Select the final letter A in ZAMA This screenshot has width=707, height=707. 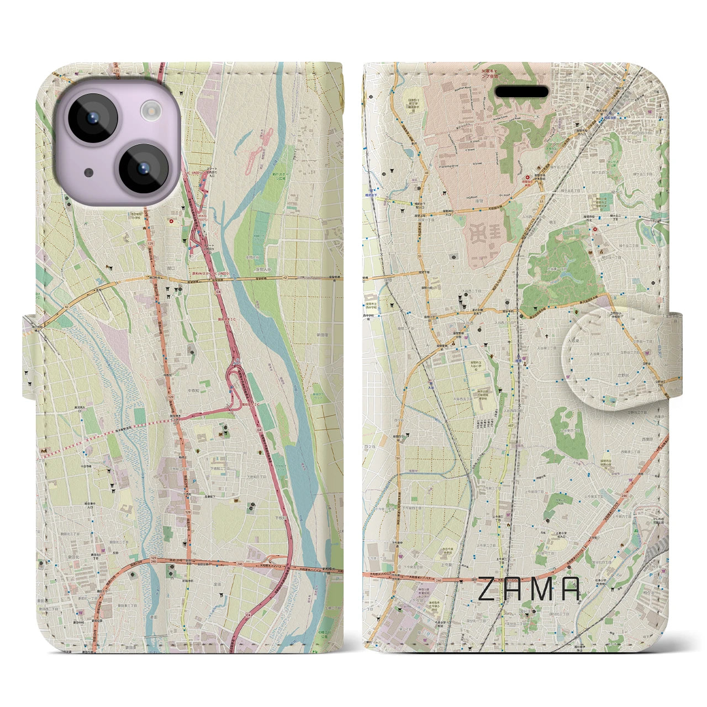click(x=571, y=589)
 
